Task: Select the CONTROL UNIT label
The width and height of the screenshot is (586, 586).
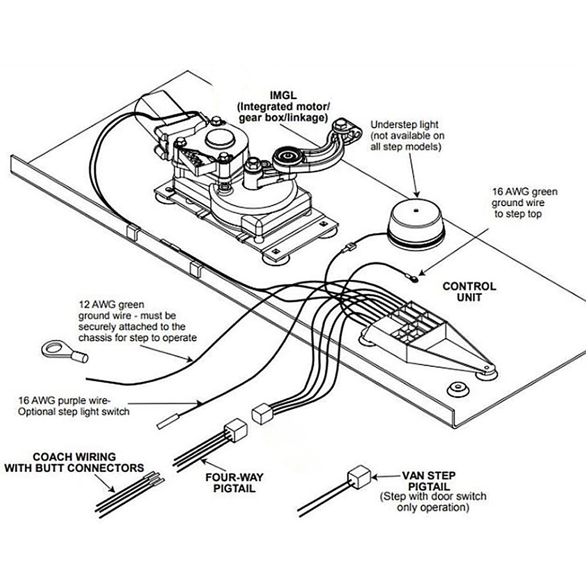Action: [469, 292]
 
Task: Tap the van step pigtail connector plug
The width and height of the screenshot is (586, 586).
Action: [359, 476]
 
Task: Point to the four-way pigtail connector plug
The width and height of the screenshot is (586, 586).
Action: [236, 431]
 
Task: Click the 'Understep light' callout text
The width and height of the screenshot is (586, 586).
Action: [404, 125]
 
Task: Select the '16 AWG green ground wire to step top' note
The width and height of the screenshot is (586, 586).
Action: [524, 203]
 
